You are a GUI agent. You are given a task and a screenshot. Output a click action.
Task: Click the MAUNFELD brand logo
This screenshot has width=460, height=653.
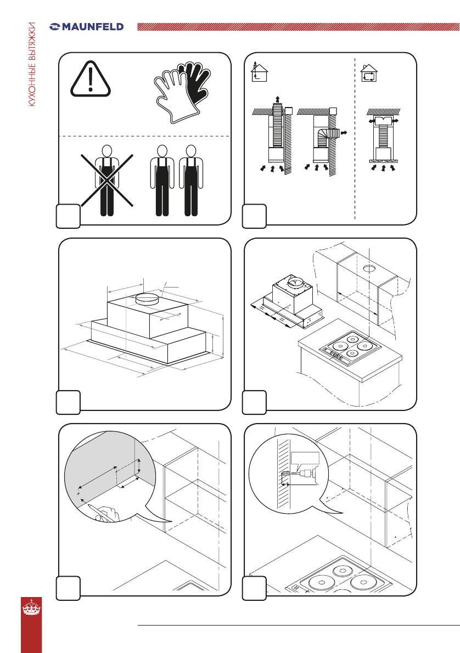86,27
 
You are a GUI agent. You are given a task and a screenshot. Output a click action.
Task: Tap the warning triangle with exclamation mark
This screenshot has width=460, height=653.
91,79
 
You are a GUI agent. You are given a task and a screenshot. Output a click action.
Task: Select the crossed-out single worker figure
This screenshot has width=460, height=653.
107,181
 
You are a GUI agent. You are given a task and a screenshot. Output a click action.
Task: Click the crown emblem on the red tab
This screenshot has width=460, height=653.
31,607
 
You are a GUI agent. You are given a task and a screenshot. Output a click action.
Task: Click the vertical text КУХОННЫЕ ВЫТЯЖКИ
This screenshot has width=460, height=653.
32,65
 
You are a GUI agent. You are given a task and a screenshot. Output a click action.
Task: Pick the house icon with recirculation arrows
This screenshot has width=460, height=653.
369,74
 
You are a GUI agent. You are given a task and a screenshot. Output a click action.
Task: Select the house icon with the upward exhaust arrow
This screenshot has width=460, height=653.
259,72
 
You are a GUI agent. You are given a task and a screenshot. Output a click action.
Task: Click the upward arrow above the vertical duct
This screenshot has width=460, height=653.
277,100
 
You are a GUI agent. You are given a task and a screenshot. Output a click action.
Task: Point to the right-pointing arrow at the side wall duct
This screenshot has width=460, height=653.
344,133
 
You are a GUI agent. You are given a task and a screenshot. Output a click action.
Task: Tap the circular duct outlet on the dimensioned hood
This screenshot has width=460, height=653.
148,299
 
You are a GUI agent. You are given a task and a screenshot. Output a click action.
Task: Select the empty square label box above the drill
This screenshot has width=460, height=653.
305,458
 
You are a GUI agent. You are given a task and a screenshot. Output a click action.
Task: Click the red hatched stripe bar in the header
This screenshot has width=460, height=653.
298,27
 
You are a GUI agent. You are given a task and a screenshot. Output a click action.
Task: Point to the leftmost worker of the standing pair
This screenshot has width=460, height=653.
162,181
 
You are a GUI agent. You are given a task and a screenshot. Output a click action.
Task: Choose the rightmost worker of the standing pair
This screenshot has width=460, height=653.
191,181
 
